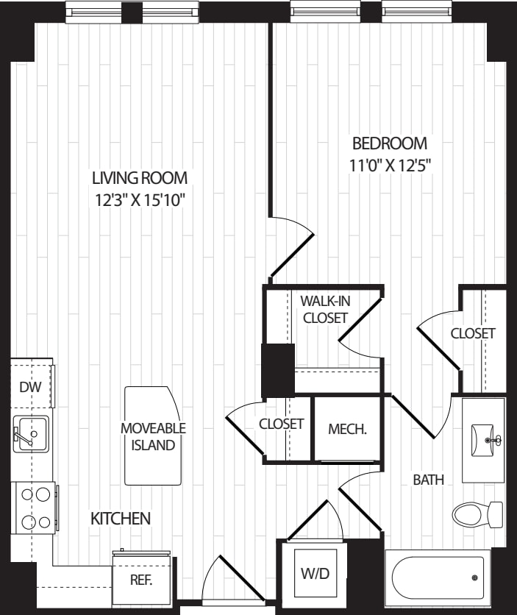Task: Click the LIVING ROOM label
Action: point(139,178)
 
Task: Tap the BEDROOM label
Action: point(389,143)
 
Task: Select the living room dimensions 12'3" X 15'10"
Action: point(139,200)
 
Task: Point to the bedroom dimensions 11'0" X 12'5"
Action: point(389,165)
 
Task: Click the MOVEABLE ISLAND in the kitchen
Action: point(153,436)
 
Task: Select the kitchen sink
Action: point(29,434)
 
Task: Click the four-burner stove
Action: point(33,508)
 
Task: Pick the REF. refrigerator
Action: point(141,579)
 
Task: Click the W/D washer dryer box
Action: point(315,572)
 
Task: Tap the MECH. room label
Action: point(347,429)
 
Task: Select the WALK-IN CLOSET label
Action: point(324,309)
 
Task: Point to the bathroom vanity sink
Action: point(484,440)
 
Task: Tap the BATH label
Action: point(428,480)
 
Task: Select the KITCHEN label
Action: point(121,519)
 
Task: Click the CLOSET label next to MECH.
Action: point(281,424)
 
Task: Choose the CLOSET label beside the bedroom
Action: point(473,333)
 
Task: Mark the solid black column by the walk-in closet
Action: point(278,370)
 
